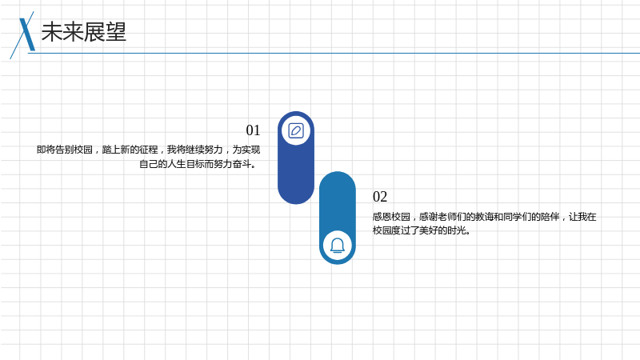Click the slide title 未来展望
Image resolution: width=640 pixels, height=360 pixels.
pyautogui.click(x=84, y=32)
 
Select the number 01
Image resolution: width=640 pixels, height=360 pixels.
pyautogui.click(x=253, y=130)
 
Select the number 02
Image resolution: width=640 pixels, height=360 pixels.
pyautogui.click(x=380, y=197)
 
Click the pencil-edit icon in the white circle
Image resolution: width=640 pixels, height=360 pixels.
pyautogui.click(x=296, y=131)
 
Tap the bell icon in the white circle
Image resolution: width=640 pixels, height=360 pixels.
pyautogui.click(x=338, y=246)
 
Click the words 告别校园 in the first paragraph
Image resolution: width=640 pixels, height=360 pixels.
pyautogui.click(x=74, y=150)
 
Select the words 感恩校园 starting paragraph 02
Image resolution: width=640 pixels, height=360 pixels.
pyautogui.click(x=391, y=217)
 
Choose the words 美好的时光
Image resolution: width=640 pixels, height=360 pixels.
pyautogui.click(x=442, y=230)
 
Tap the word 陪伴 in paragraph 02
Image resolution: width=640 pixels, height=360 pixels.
pyautogui.click(x=550, y=217)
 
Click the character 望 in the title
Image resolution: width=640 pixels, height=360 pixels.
pyautogui.click(x=116, y=32)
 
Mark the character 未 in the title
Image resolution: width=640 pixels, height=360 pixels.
pyautogui.click(x=52, y=32)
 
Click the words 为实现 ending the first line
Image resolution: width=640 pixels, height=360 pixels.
pyautogui.click(x=246, y=150)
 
